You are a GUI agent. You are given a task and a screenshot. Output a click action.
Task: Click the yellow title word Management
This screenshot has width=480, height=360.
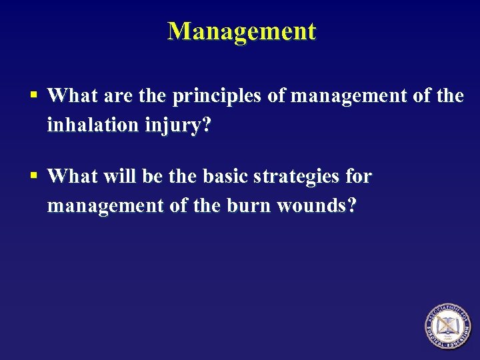click(241, 31)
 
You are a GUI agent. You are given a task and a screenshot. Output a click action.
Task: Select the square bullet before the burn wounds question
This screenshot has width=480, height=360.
click(33, 177)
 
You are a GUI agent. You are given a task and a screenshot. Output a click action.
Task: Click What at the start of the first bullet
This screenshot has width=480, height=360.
click(73, 97)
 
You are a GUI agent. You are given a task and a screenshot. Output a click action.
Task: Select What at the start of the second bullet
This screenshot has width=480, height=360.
click(73, 177)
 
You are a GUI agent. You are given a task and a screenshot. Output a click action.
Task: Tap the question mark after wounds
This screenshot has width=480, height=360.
click(352, 205)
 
